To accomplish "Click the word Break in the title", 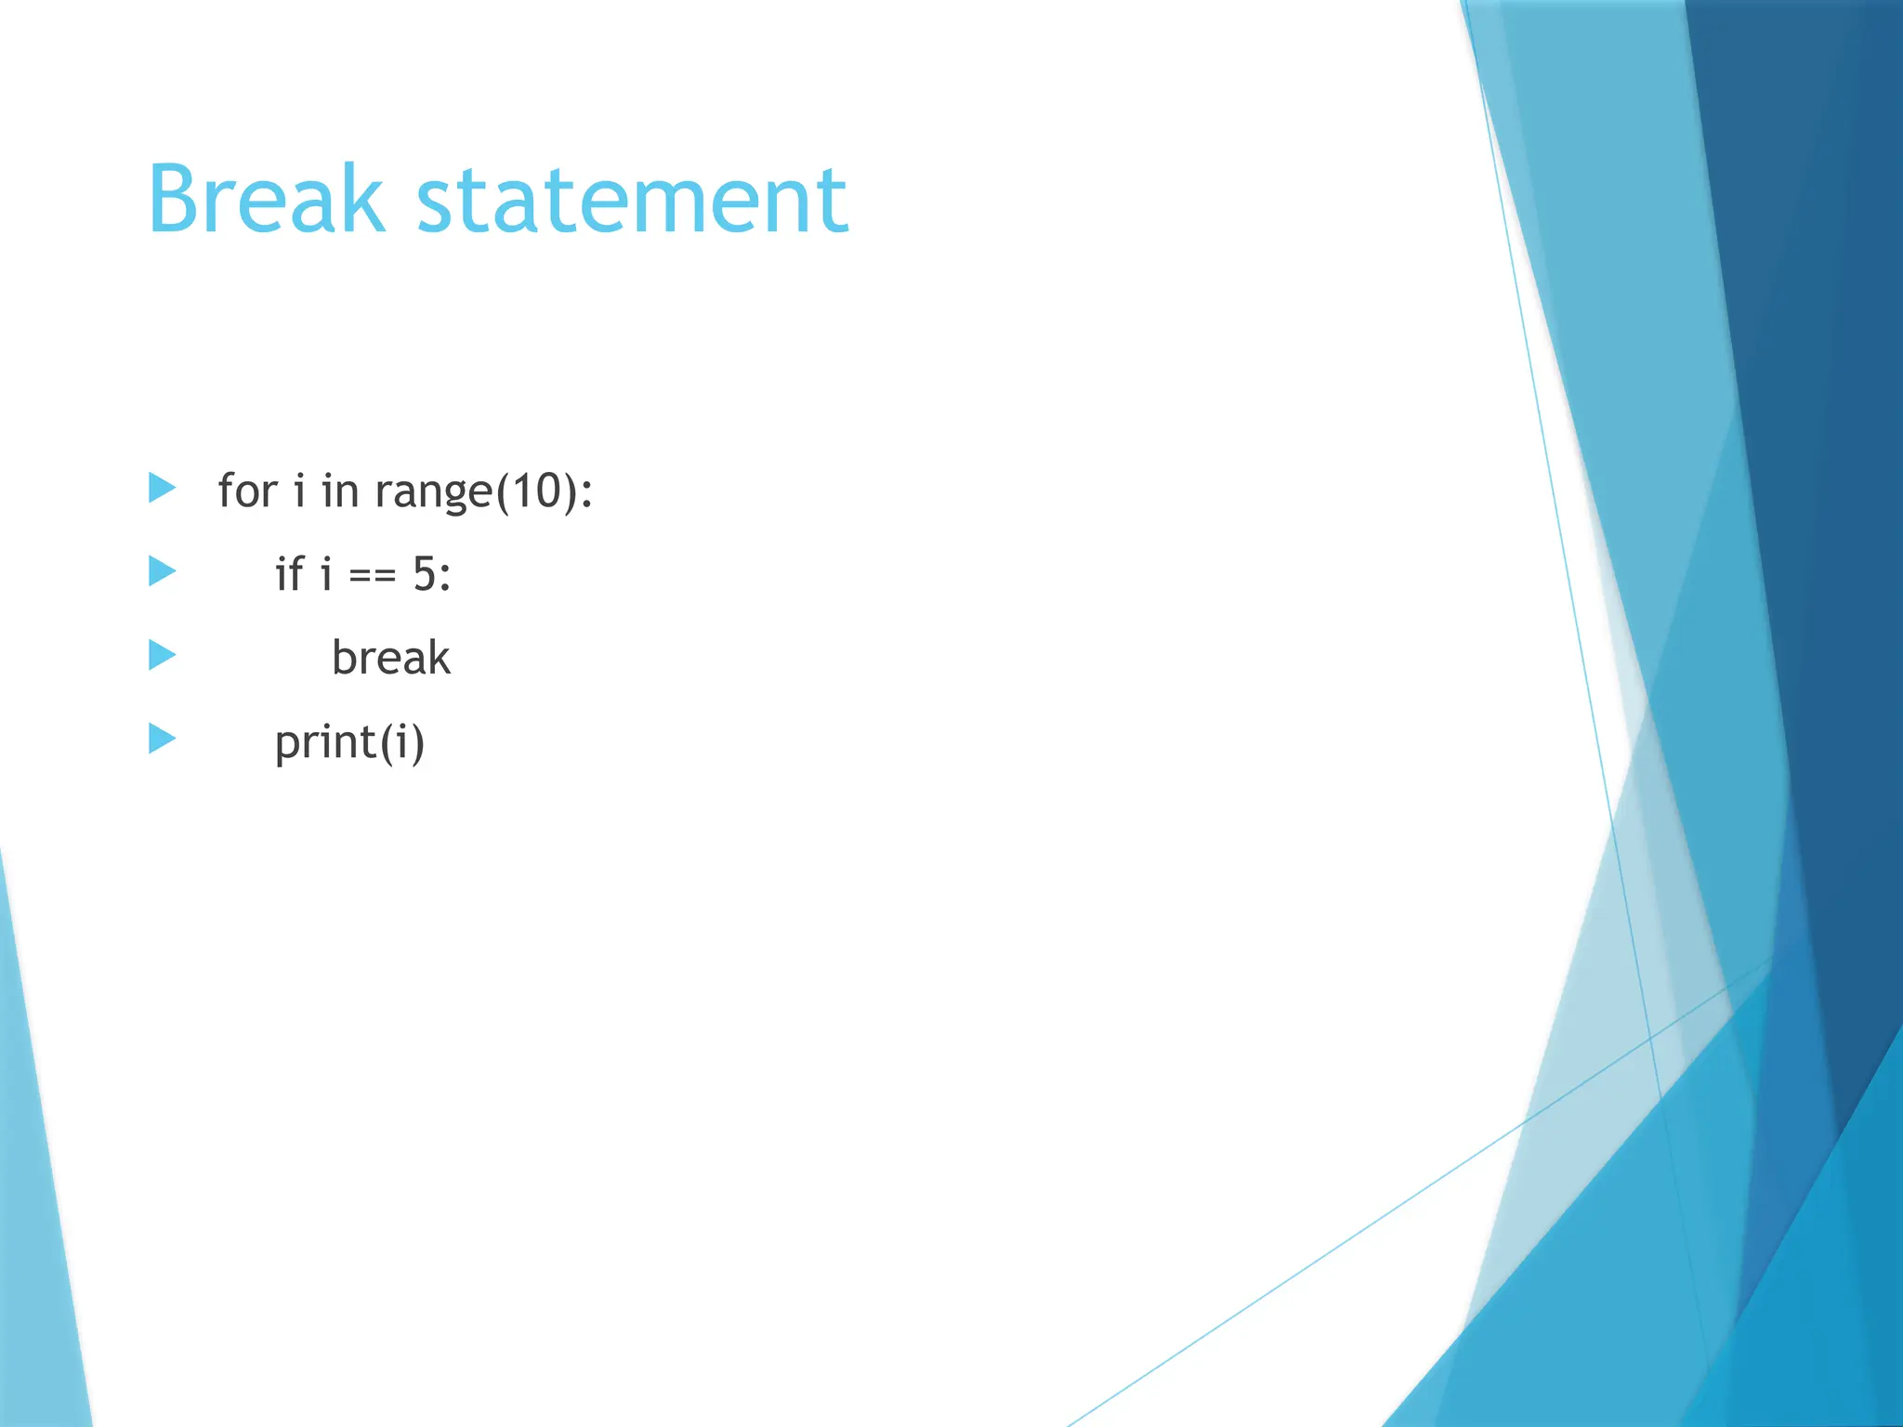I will pos(266,199).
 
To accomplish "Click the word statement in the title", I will pos(632,201).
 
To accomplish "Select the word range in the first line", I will pos(433,492).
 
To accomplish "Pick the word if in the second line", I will pos(289,573).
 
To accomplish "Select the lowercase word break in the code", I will pos(391,658).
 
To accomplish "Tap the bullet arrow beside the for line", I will pos(162,488).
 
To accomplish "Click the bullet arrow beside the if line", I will pos(162,571).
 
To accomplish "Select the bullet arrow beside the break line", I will pos(162,655).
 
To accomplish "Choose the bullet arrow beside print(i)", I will pos(162,739).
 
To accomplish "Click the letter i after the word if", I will pos(325,574).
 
